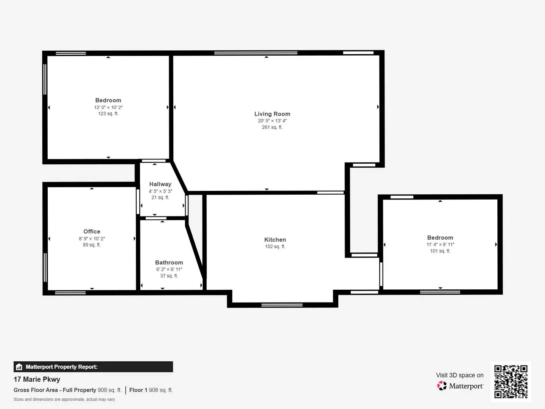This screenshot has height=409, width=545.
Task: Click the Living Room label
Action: click(x=272, y=114)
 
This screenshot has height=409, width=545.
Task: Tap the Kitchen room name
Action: click(x=275, y=240)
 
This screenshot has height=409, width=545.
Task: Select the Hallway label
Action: click(x=160, y=184)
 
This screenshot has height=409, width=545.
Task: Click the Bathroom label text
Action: click(x=169, y=262)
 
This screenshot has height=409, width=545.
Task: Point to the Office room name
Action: click(x=92, y=231)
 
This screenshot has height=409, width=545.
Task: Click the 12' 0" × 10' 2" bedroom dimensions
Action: click(x=108, y=108)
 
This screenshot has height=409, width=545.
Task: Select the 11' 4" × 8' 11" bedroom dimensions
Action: click(x=440, y=245)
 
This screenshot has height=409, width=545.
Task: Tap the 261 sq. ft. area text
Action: click(x=272, y=127)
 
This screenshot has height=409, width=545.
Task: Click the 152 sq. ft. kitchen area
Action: click(x=275, y=247)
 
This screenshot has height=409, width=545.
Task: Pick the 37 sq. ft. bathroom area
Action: click(x=169, y=276)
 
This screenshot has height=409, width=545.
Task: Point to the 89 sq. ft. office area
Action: click(x=92, y=245)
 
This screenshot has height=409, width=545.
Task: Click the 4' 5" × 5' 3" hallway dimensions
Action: click(x=160, y=191)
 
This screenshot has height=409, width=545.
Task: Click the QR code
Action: click(x=511, y=381)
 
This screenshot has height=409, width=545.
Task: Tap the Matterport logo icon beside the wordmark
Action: click(x=442, y=386)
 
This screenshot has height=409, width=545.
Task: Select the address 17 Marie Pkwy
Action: click(x=37, y=379)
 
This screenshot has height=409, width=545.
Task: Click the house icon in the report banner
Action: click(x=19, y=367)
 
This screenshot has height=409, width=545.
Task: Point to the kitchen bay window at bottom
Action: click(x=282, y=305)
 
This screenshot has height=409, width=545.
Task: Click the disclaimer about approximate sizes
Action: click(x=64, y=400)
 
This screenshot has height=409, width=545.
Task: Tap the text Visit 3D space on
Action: click(x=459, y=375)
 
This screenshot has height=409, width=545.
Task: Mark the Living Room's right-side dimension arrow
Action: click(x=378, y=107)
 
